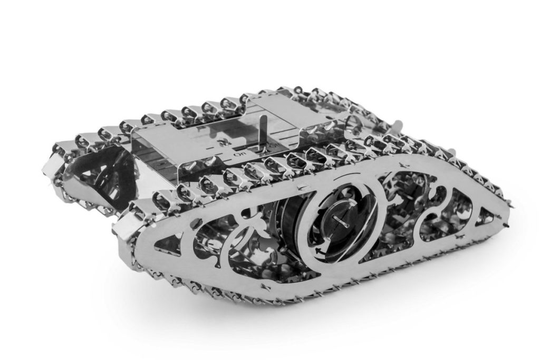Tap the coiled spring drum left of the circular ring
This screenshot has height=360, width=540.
(285, 221)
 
